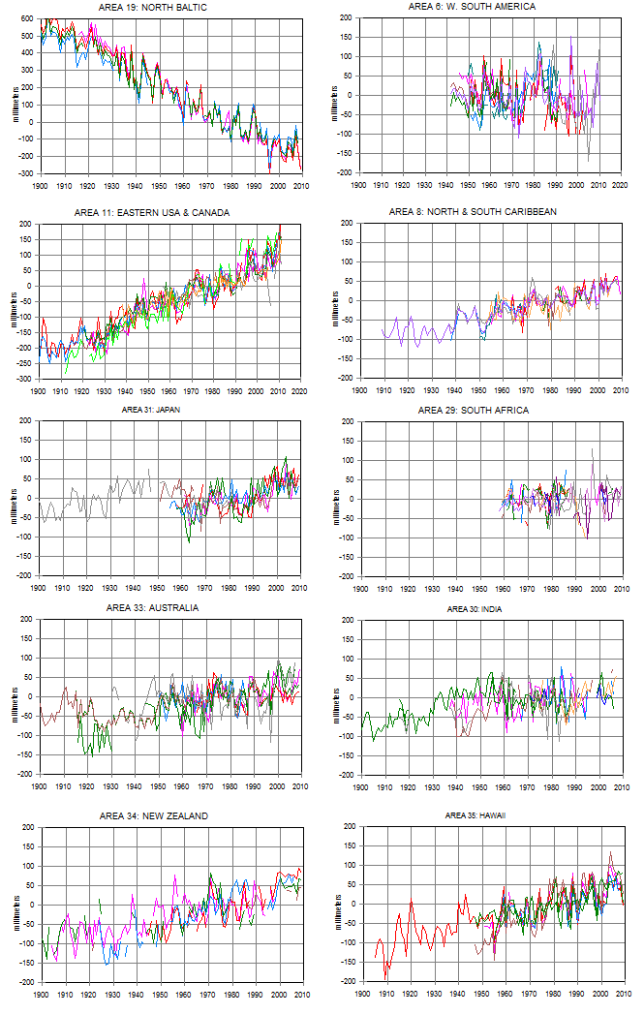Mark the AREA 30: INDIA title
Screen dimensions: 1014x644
click(488, 609)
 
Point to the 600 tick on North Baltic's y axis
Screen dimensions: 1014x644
click(27, 19)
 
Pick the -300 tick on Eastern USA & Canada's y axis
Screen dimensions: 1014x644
click(25, 379)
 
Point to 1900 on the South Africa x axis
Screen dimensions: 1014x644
click(359, 587)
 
